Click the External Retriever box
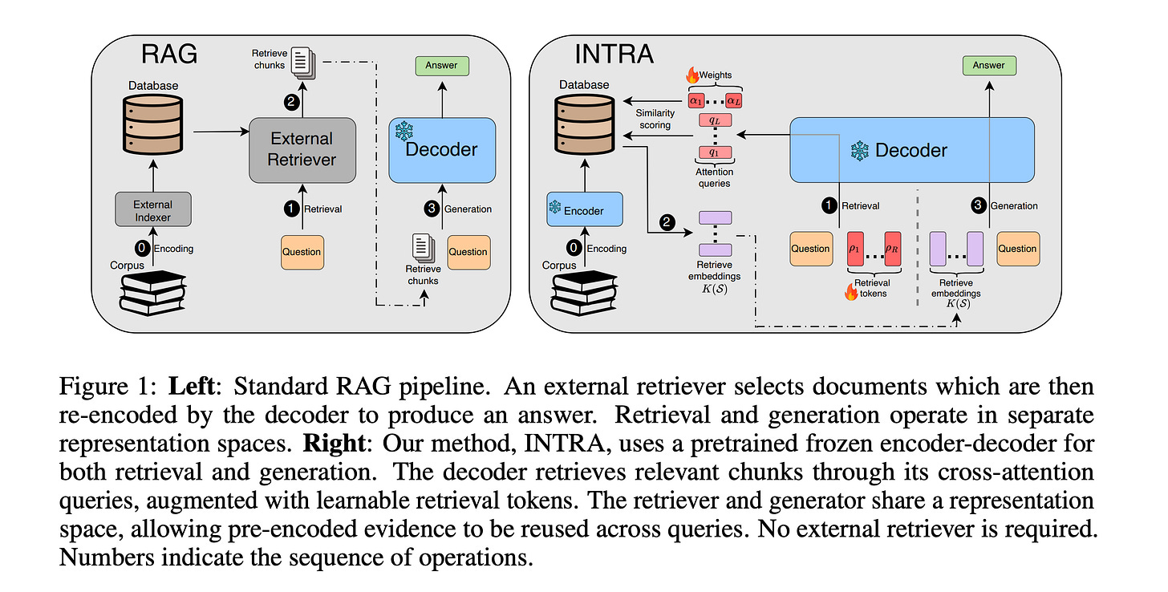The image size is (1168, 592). coord(302,150)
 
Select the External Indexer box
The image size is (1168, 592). coord(152,209)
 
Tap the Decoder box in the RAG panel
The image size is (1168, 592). coord(442,150)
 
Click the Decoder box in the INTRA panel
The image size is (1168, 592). coord(912,150)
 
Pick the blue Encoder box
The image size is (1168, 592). coord(585,209)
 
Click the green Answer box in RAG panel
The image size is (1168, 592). coord(442,66)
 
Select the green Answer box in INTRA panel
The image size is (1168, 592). coord(989,66)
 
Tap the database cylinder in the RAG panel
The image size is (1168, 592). coord(152,125)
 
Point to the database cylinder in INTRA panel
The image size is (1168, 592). coord(585,125)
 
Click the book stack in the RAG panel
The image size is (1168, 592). coord(152,293)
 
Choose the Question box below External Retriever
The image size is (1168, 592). coord(302,253)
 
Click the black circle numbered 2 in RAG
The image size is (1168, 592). coord(292,102)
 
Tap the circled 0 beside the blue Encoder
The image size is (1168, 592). coord(574,248)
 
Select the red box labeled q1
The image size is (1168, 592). coord(715,153)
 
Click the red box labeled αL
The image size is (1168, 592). coord(734,100)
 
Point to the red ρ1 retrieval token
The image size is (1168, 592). coord(855,249)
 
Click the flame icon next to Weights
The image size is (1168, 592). coord(692,75)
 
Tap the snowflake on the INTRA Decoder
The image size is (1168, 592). coord(860,151)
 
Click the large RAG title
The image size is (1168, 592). coord(169,55)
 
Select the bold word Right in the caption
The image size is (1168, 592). coord(335,444)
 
